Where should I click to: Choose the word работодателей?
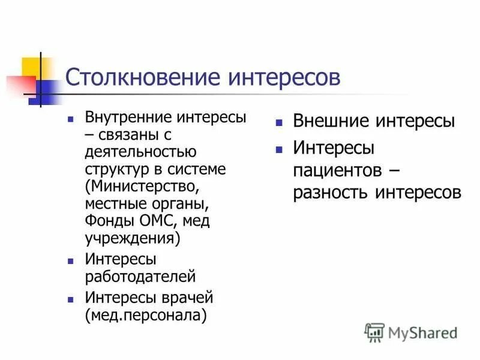[140, 277]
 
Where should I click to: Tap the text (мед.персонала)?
[146, 315]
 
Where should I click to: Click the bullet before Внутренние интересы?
[71, 119]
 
